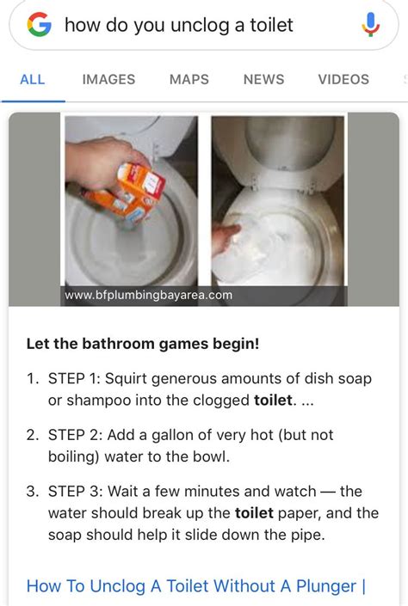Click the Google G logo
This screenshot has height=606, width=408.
point(39,25)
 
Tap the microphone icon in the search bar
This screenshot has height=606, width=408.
point(371,25)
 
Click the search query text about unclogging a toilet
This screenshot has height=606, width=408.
point(179,25)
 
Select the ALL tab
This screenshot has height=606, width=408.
point(32,79)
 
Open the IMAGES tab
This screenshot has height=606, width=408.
point(108,79)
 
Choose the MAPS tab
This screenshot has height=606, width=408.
point(189,79)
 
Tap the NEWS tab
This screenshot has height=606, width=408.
point(263,79)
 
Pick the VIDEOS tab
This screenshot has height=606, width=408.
point(343,79)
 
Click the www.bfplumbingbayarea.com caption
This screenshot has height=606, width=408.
point(148,296)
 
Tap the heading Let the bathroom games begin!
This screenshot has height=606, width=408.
point(143,344)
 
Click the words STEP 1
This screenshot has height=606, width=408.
point(74,378)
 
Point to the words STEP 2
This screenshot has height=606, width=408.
point(74,435)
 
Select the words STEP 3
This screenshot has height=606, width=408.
point(74,492)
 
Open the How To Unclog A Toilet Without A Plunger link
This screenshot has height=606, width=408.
point(196,586)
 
